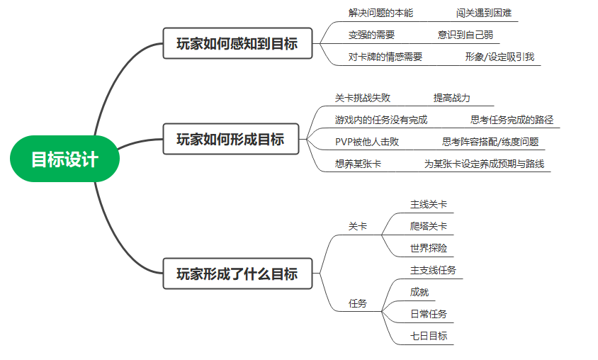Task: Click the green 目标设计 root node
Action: click(64, 159)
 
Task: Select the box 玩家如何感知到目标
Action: click(237, 44)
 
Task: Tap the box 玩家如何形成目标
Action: click(230, 140)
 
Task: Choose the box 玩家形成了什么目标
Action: click(237, 273)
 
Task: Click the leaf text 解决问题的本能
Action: click(380, 13)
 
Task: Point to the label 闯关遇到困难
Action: click(484, 13)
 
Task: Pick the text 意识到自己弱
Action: click(466, 35)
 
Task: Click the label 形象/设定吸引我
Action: click(500, 57)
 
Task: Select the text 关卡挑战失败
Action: click(362, 98)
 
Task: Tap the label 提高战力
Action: click(451, 98)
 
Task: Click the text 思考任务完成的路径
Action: click(512, 120)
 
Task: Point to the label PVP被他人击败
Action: click(366, 142)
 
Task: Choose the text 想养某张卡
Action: click(358, 164)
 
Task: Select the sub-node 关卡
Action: click(358, 227)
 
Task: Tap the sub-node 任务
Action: click(358, 303)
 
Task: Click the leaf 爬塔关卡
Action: click(429, 227)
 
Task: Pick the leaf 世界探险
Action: click(429, 249)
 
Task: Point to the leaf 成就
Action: click(419, 292)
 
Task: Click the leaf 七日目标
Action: click(429, 336)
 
